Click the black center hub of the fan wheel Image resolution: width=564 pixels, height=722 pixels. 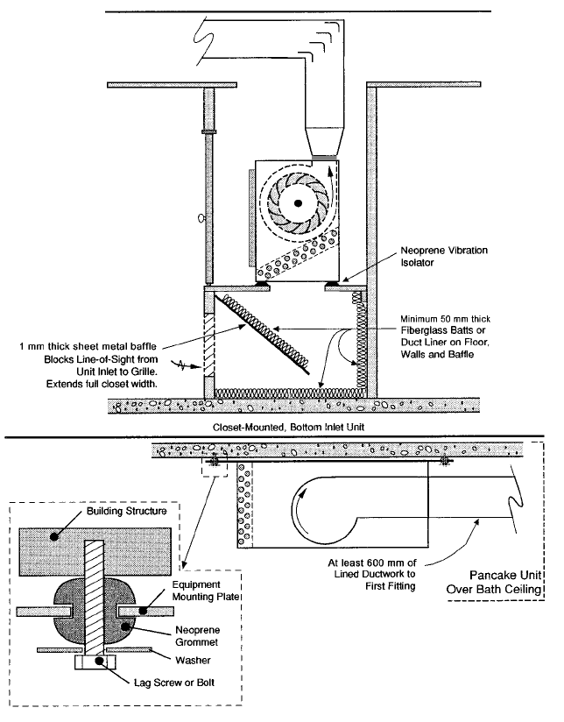pos(299,202)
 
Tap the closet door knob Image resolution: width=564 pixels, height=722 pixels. pos(201,218)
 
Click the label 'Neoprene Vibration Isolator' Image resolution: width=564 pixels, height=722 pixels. pos(444,257)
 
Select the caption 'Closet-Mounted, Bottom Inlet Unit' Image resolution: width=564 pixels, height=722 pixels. pos(288,428)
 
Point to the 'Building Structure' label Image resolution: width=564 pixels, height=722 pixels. pos(127,511)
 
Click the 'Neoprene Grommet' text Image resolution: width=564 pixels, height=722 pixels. pos(197,636)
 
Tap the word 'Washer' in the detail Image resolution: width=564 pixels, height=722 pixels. pos(193,661)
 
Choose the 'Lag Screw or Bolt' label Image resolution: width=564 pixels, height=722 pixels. pos(174,683)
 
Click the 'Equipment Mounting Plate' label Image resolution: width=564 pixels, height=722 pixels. pos(206,591)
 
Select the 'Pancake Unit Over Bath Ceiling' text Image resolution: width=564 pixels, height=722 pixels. pos(494,582)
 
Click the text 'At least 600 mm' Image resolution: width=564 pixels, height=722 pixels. pos(372,563)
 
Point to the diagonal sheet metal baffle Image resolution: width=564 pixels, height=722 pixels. pos(263,333)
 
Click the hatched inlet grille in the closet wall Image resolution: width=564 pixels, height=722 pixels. pos(209,345)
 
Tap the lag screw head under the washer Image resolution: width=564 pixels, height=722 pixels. pos(95,662)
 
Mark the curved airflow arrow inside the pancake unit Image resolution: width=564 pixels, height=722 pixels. pos(298,511)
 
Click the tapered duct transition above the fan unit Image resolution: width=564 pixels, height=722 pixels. pos(326,141)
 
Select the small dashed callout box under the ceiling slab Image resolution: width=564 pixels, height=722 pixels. pos(215,466)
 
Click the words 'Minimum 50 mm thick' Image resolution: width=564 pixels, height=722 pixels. pos(445,319)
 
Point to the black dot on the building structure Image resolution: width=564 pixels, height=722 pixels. pos(55,536)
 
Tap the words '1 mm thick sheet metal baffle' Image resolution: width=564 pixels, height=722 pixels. pos(88,346)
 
